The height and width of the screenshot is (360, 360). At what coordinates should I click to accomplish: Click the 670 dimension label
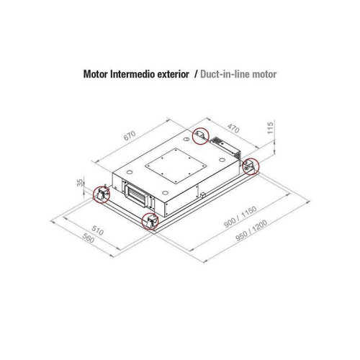click(x=130, y=135)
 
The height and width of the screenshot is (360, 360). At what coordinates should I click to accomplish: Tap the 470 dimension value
click(x=233, y=128)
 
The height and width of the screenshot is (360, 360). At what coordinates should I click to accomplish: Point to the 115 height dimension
click(x=270, y=128)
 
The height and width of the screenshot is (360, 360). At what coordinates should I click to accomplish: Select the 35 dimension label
click(x=80, y=183)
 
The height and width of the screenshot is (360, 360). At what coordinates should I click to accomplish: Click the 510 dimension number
click(x=97, y=230)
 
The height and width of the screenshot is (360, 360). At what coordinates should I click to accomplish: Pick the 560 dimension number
click(x=89, y=238)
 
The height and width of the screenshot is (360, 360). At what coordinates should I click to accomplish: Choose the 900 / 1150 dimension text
click(x=240, y=217)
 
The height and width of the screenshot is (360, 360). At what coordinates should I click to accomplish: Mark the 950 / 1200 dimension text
click(x=251, y=230)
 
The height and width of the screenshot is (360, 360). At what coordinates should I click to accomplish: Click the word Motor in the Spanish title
click(x=96, y=74)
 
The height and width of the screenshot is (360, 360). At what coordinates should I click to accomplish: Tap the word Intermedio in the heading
click(x=132, y=74)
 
